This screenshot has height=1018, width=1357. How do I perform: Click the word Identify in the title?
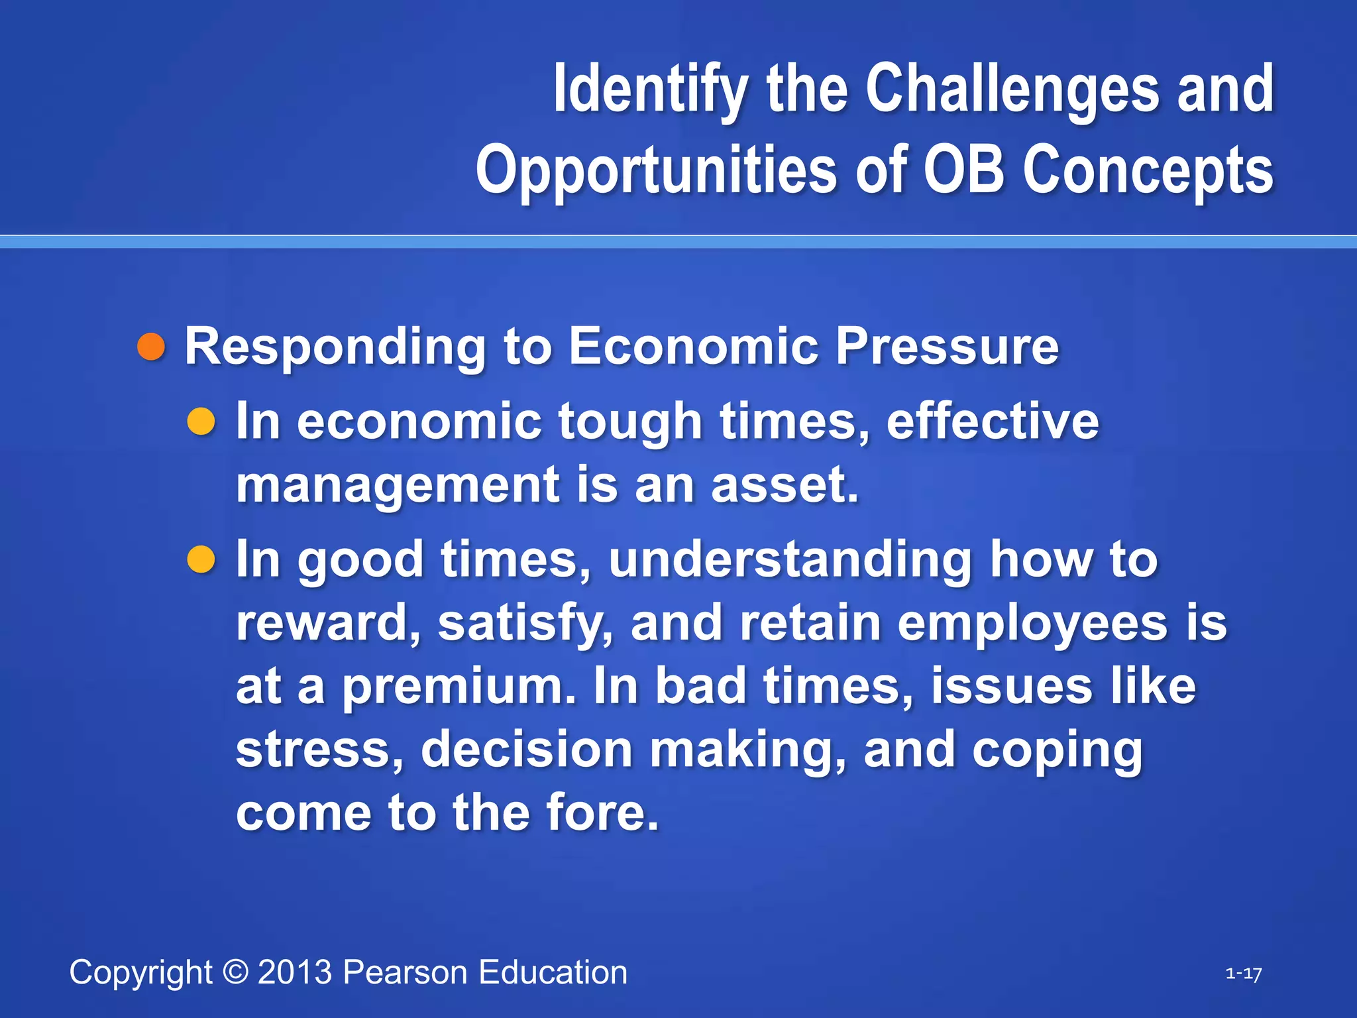tap(651, 89)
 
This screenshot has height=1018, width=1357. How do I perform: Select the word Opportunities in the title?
tap(657, 170)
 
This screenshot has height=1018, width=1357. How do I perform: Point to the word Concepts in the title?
tap(1148, 170)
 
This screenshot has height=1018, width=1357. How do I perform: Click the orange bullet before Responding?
tap(151, 347)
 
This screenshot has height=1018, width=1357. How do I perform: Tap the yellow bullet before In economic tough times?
tap(201, 422)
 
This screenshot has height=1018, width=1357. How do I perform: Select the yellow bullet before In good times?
tap(201, 559)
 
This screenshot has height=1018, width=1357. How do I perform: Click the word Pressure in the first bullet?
tap(947, 346)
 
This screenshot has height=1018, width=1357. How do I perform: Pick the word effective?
tap(992, 422)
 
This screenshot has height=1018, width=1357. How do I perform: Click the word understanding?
tap(790, 560)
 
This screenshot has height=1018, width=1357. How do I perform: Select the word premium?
tap(459, 687)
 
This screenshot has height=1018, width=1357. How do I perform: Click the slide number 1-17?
tap(1243, 974)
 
